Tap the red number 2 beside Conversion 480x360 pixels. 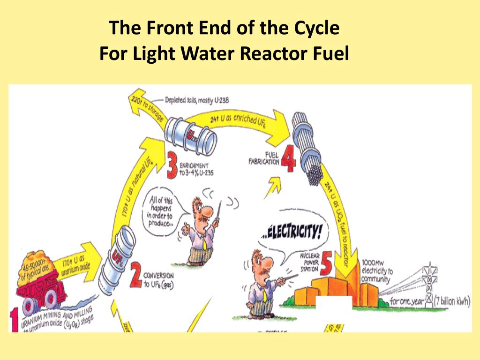coord(135,277)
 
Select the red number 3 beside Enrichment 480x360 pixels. coord(173,167)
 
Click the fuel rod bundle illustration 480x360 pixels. coord(310,150)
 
